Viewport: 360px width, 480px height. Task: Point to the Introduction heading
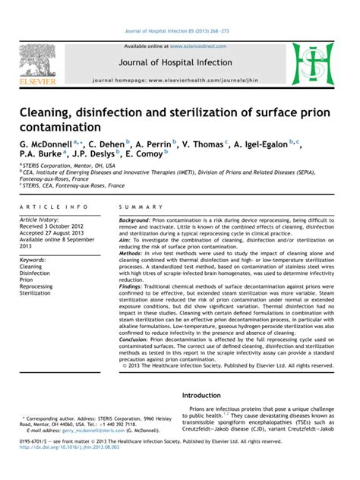210,397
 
